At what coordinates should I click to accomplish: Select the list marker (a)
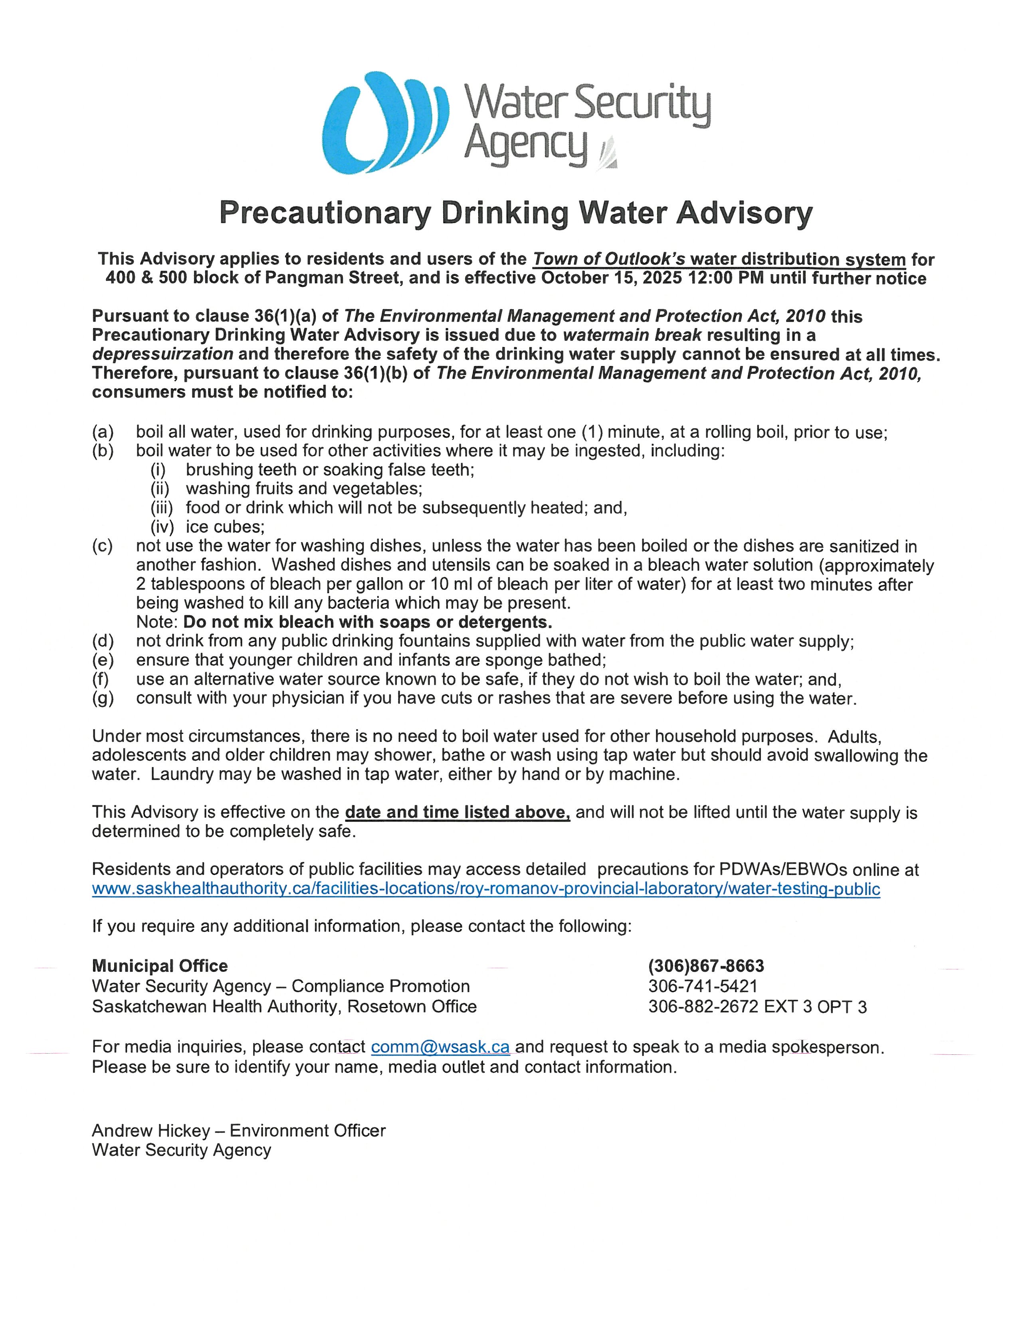pyautogui.click(x=103, y=432)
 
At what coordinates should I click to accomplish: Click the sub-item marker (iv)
pyautogui.click(x=162, y=527)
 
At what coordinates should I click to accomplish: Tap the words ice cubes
pyautogui.click(x=225, y=527)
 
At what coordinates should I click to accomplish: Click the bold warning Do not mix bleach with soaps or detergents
pyautogui.click(x=368, y=622)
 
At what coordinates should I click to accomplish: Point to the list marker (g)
pyautogui.click(x=103, y=698)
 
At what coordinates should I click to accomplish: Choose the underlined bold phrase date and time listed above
pyautogui.click(x=457, y=812)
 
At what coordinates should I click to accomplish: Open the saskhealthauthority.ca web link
pyautogui.click(x=485, y=889)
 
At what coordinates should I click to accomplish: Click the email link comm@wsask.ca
pyautogui.click(x=440, y=1047)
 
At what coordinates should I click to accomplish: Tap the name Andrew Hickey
pyautogui.click(x=151, y=1131)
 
